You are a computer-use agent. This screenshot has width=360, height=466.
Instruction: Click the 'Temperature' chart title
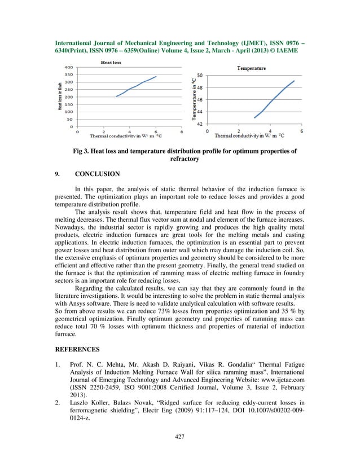(251, 68)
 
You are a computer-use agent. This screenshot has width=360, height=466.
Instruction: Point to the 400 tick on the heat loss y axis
(68, 68)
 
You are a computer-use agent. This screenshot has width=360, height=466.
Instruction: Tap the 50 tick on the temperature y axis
(201, 75)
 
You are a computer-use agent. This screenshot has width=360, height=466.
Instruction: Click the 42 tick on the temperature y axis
(201, 124)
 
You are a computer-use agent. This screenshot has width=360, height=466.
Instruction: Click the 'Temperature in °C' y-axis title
(194, 100)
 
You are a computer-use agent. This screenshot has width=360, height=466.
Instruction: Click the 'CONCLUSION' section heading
(96, 174)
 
